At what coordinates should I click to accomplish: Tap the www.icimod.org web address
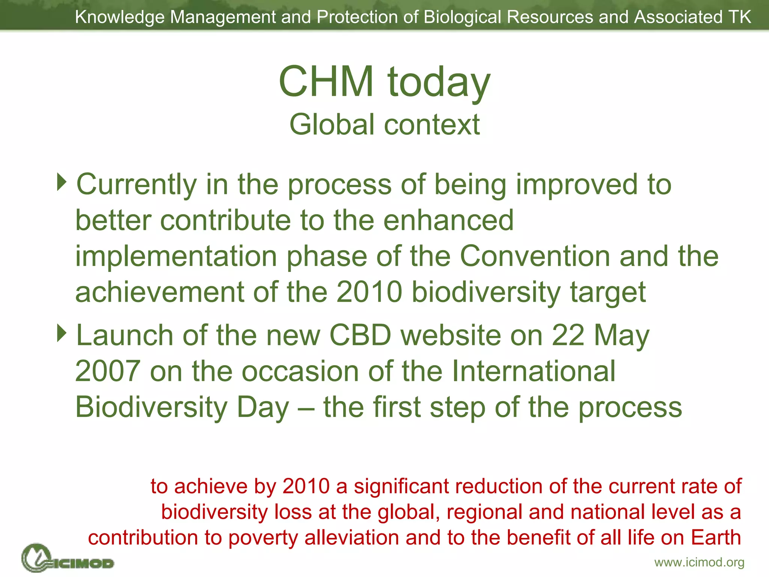(x=699, y=562)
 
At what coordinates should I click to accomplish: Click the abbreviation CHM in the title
(x=326, y=82)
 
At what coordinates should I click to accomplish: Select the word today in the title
(x=439, y=83)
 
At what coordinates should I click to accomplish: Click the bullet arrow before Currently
(x=62, y=182)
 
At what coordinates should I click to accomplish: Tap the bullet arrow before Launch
(x=62, y=333)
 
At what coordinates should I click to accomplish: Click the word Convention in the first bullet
(x=535, y=256)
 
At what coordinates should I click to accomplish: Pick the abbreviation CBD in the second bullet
(x=360, y=335)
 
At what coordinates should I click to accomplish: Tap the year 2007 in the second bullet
(x=108, y=371)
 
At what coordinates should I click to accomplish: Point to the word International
(x=533, y=371)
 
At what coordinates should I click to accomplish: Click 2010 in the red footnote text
(x=306, y=486)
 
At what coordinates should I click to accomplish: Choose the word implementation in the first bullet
(x=176, y=257)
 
